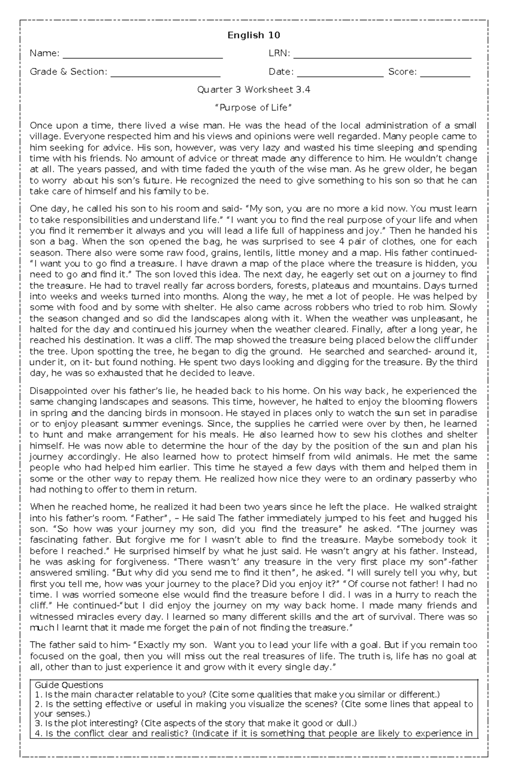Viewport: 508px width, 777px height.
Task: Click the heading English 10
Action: (254, 35)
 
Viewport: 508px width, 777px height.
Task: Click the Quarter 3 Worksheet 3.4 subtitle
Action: (254, 90)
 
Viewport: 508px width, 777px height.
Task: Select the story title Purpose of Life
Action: (254, 108)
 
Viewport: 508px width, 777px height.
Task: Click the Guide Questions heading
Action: (69, 685)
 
